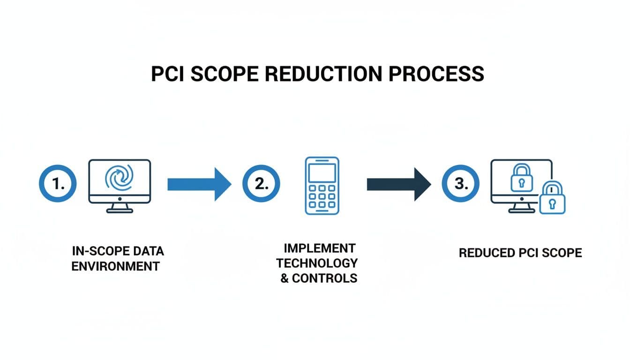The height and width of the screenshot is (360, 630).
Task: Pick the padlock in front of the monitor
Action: tap(552, 199)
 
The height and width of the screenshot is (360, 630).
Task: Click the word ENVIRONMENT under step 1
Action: tap(115, 266)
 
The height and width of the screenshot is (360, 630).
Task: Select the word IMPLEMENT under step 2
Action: tap(319, 247)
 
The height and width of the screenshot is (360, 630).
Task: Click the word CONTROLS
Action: tap(324, 278)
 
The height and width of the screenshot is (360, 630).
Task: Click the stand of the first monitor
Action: tap(119, 208)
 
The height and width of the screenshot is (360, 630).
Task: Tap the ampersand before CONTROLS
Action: tap(285, 278)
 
